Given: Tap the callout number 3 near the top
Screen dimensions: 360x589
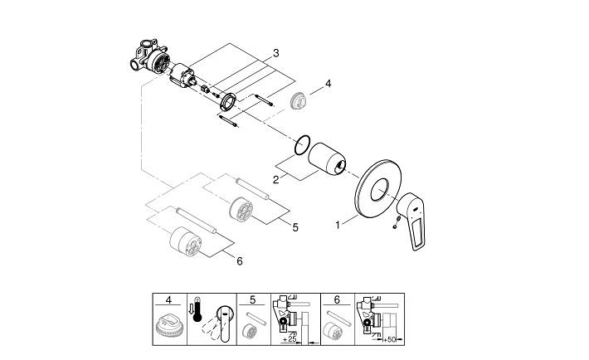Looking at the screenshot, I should click(275, 53).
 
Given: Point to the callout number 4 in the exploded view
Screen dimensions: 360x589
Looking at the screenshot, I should click(329, 84).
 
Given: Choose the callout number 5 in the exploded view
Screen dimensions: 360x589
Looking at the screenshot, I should click(294, 226).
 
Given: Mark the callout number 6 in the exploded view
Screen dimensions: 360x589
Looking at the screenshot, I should click(239, 261).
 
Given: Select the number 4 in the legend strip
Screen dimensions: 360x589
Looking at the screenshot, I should click(169, 299).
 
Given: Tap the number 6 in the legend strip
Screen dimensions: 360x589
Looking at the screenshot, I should click(337, 299).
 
